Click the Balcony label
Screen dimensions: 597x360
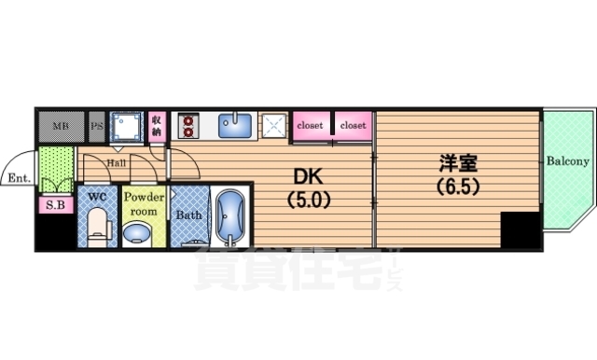click(567, 161)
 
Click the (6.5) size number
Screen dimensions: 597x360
click(457, 186)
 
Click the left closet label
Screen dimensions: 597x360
click(312, 124)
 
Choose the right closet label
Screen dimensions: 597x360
click(353, 124)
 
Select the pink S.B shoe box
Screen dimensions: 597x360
click(51, 205)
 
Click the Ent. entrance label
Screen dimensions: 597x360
click(18, 177)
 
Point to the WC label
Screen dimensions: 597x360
click(96, 196)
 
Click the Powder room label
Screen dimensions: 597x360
click(144, 203)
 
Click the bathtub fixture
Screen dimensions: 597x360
click(227, 218)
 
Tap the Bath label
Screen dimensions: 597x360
click(189, 215)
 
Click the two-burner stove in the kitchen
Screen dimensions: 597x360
click(187, 124)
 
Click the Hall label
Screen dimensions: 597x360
click(118, 162)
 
